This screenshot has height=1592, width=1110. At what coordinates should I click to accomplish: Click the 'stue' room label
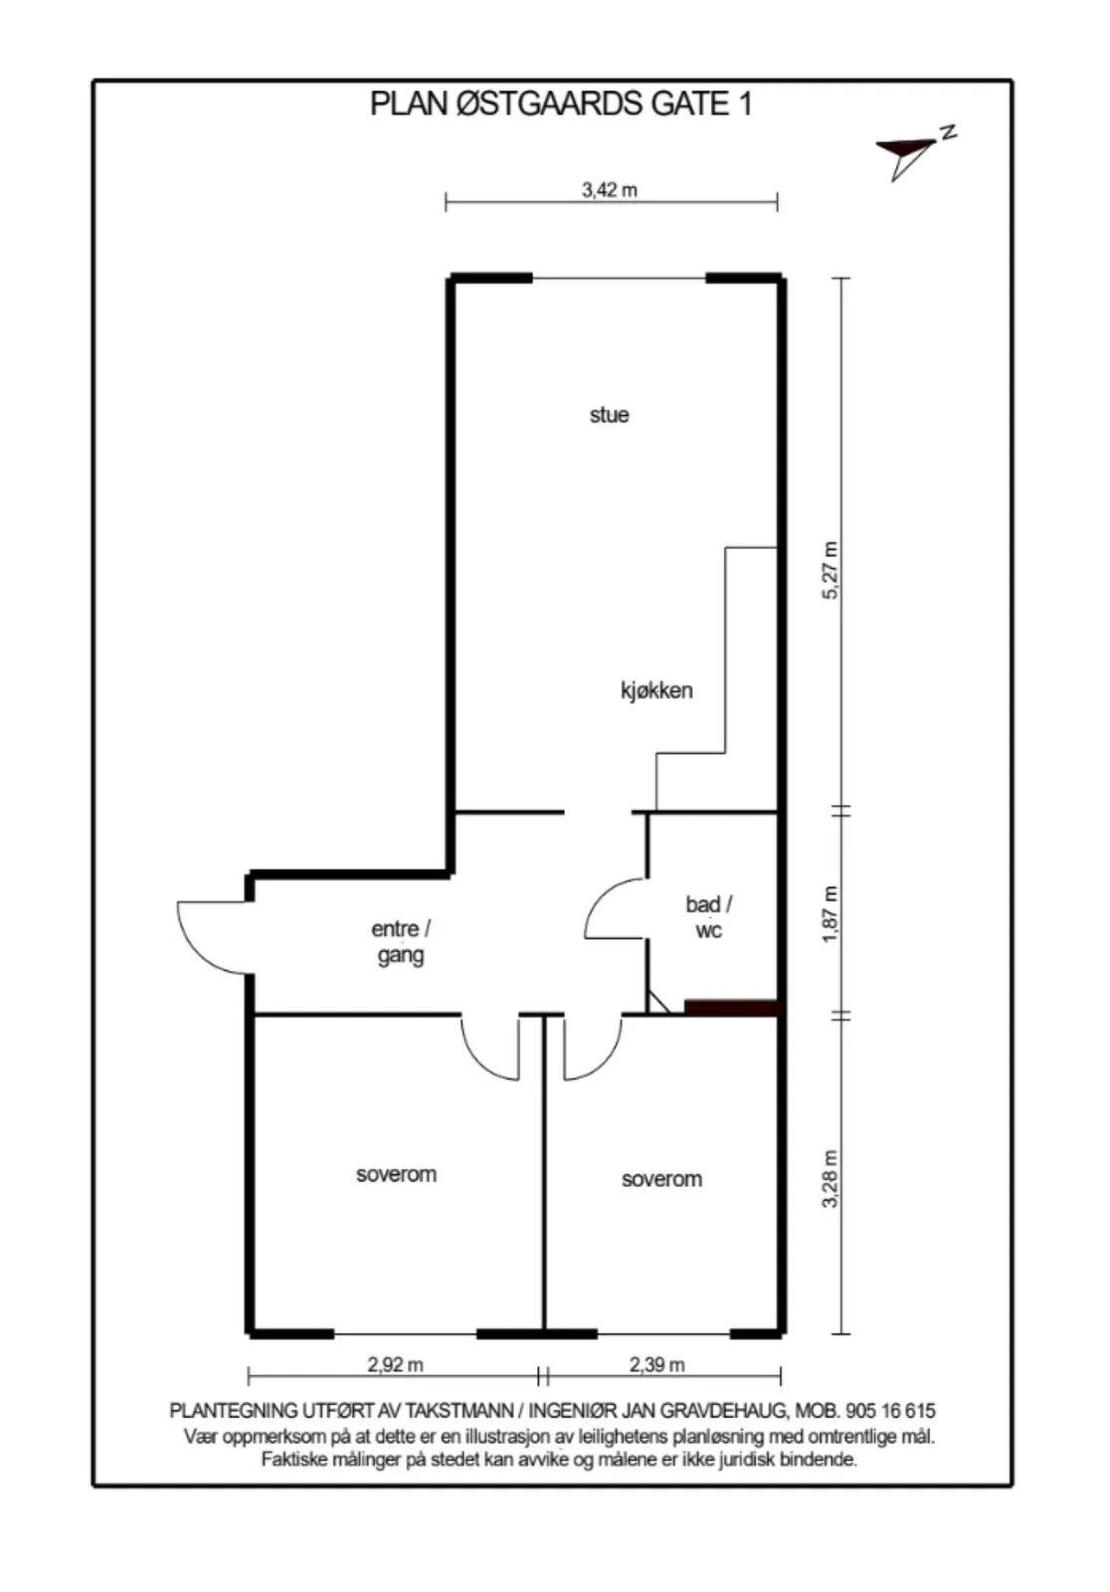tap(609, 415)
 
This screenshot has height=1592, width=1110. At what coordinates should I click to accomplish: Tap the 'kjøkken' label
tap(656, 691)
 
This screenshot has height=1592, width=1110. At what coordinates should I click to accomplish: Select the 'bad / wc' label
tap(708, 916)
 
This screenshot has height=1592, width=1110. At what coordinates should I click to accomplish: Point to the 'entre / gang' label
tap(401, 941)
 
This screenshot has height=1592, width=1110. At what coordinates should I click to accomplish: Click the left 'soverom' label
tap(396, 1174)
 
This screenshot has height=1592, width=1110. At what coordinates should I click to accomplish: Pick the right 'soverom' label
tap(661, 1179)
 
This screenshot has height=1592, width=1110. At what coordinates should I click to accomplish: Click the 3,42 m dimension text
tap(610, 190)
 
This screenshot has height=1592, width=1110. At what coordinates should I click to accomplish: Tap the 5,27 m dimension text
tap(830, 570)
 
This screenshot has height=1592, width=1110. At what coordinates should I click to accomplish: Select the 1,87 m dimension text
tap(830, 914)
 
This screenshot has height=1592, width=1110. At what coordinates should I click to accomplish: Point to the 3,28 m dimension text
tap(830, 1178)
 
